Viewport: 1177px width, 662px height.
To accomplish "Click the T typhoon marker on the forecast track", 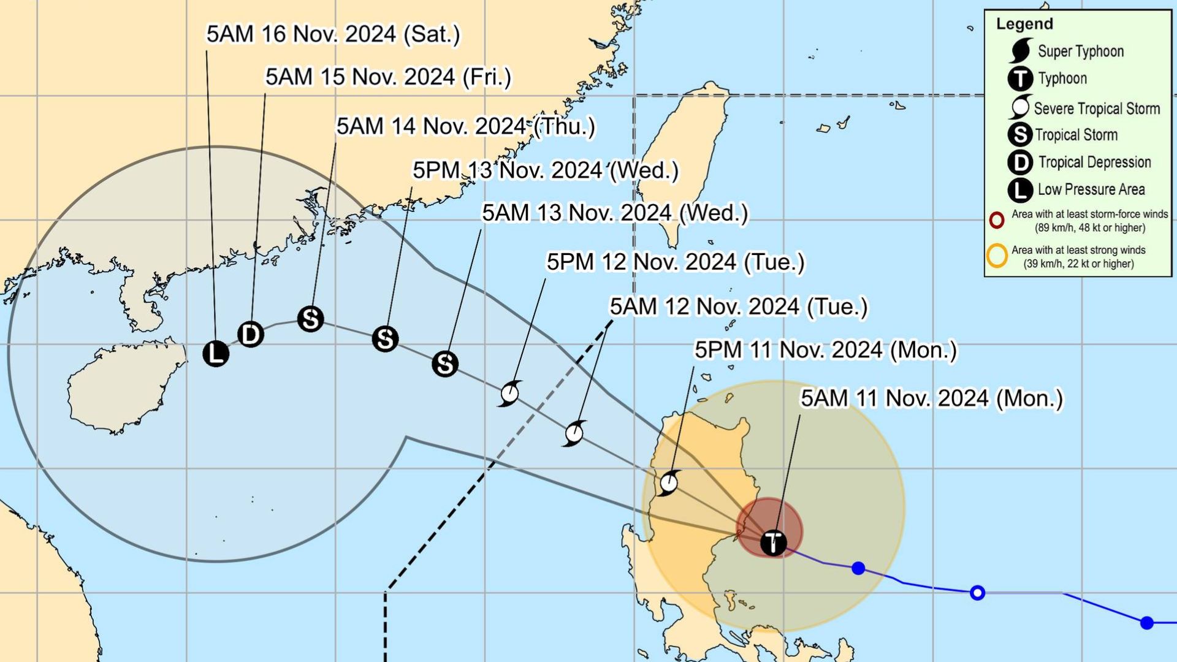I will click(773, 542).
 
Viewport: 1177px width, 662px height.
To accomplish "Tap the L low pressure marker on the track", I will click(215, 354).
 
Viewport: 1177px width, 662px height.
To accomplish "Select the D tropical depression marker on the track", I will click(250, 335).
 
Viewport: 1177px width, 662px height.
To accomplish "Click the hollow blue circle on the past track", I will click(978, 593).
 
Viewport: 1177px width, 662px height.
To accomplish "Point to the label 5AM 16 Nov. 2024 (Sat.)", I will click(333, 34).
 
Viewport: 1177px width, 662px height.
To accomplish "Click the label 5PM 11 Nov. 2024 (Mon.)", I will click(825, 350).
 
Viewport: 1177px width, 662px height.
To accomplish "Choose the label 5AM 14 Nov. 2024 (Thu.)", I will click(465, 126).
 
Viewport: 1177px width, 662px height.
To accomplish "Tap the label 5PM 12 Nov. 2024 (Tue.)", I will click(675, 262).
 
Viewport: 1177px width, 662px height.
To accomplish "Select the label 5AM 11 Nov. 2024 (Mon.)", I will click(931, 398).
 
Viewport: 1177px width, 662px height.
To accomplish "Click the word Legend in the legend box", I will click(1024, 24).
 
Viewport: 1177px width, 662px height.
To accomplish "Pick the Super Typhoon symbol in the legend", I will click(1020, 51).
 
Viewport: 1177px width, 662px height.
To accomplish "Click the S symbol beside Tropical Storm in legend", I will click(1020, 135).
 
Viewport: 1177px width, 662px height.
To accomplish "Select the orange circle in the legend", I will click(997, 256).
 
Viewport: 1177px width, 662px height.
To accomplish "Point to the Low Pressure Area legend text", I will click(1091, 189).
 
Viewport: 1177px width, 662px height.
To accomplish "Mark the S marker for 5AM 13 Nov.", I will click(444, 364).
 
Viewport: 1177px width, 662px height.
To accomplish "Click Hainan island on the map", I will click(123, 386).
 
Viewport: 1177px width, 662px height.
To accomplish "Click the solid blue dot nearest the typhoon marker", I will click(858, 568).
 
